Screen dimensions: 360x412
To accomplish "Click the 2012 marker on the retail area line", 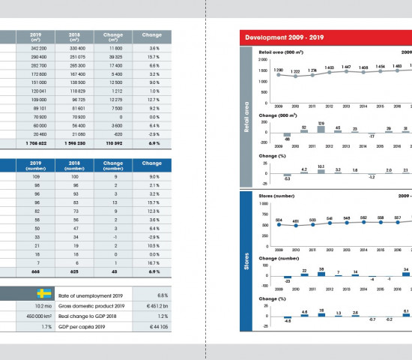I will click(x=330, y=74).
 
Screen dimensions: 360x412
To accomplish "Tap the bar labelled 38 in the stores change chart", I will click(x=321, y=274).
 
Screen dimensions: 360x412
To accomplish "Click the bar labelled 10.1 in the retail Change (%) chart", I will click(x=321, y=170).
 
